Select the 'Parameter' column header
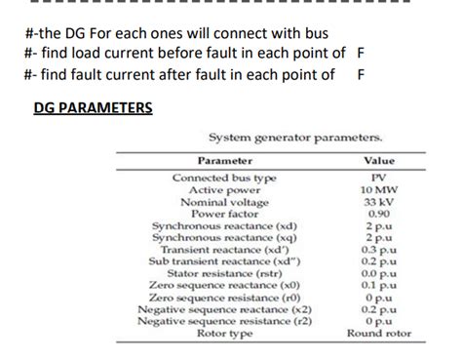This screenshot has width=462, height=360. click(x=225, y=160)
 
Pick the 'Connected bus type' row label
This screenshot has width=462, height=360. click(x=224, y=179)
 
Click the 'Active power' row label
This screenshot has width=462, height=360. click(x=224, y=190)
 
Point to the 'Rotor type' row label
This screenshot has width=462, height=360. click(x=224, y=333)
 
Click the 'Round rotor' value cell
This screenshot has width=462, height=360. click(x=379, y=333)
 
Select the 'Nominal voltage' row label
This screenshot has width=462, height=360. click(x=224, y=202)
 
